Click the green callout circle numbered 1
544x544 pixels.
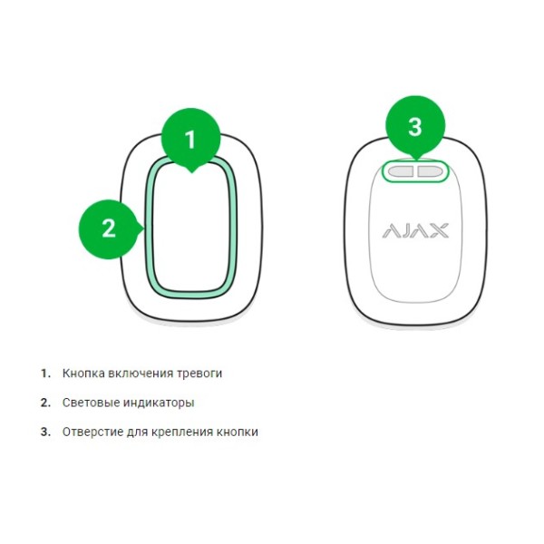(190, 139)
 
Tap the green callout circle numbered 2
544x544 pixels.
(109, 229)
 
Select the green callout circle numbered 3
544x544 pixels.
(415, 126)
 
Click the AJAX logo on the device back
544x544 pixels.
(415, 230)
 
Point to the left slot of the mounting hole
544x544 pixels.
(401, 171)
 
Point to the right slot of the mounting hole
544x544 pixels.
(430, 171)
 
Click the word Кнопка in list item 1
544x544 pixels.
(83, 374)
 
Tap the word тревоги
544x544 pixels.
(199, 374)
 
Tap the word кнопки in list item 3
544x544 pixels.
(238, 432)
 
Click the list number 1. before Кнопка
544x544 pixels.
(46, 374)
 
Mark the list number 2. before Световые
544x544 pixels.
(46, 403)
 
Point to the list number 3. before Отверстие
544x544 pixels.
(46, 432)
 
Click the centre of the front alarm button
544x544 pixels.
(191, 228)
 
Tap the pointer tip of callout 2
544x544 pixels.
(144, 229)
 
